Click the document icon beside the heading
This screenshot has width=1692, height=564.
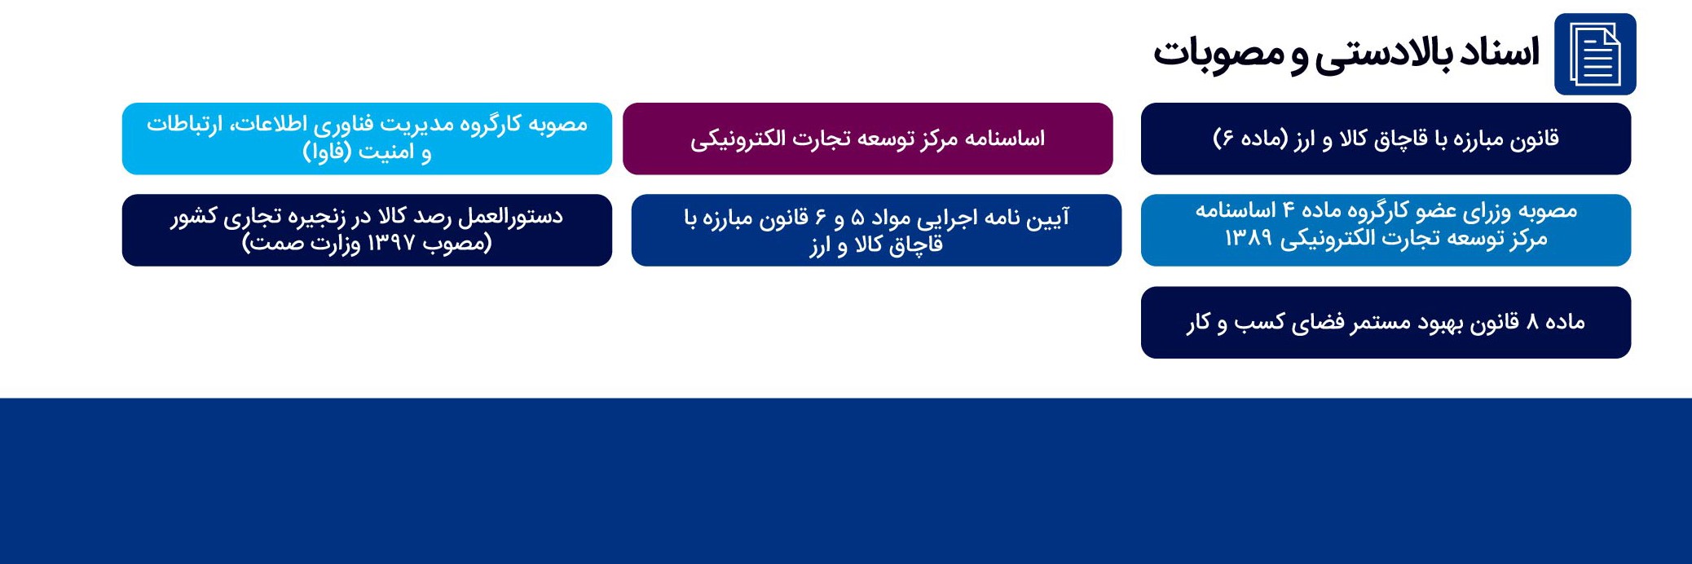coord(1595,54)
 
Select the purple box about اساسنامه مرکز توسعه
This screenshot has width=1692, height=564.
coord(868,139)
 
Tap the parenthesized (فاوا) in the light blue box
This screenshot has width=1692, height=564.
coord(329,152)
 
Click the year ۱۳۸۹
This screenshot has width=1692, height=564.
coord(1248,238)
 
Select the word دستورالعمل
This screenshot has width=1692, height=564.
coord(510,217)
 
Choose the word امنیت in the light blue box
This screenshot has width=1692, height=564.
coord(387,152)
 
